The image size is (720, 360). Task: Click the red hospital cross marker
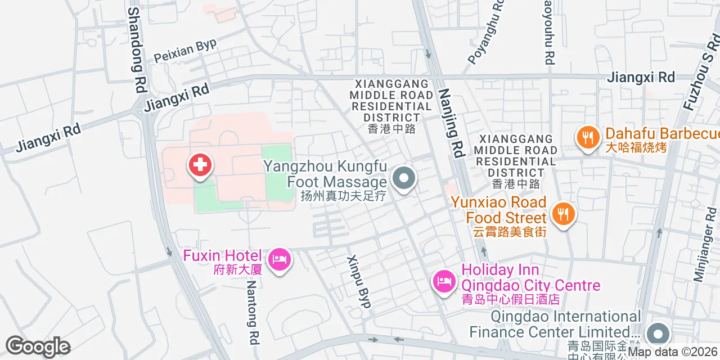tap(200, 165)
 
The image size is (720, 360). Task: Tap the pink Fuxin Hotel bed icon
tap(280, 259)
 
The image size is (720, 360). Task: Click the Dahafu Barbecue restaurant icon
tap(587, 137)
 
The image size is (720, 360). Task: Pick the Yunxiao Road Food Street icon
tap(562, 214)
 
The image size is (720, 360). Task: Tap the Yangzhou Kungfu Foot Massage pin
tap(403, 179)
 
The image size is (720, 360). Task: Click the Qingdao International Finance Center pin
tap(657, 334)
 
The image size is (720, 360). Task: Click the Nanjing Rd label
tap(452, 123)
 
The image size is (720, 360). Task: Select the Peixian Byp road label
tap(185, 51)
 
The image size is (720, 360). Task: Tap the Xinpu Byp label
tap(359, 281)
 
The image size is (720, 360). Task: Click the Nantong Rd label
tap(253, 313)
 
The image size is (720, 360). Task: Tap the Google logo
tap(38, 346)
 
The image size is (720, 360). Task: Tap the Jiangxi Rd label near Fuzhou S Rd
tap(641, 78)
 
